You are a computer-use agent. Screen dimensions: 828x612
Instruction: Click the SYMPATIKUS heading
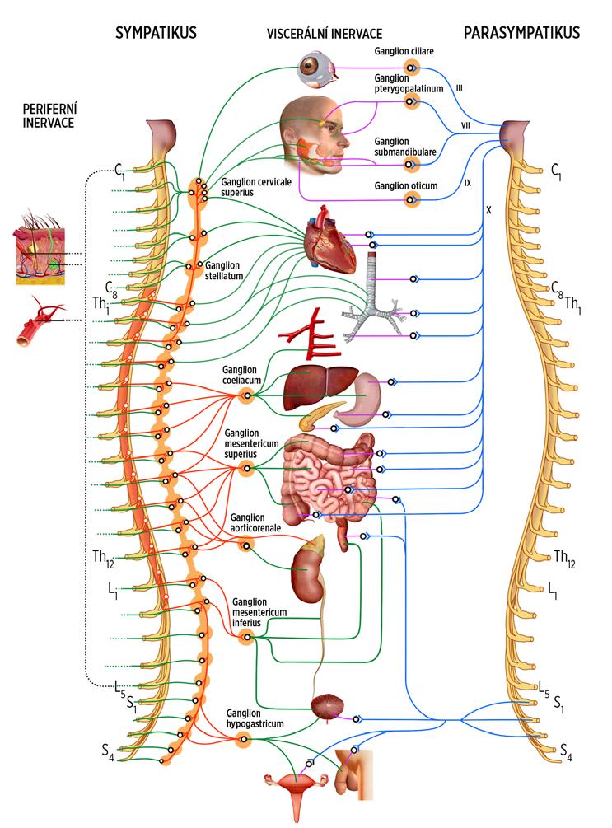[x=155, y=33]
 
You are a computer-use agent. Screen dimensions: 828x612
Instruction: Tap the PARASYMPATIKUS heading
[x=522, y=33]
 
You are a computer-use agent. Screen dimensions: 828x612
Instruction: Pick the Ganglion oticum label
[x=405, y=186]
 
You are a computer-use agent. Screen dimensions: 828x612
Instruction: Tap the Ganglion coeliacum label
[x=240, y=375]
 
